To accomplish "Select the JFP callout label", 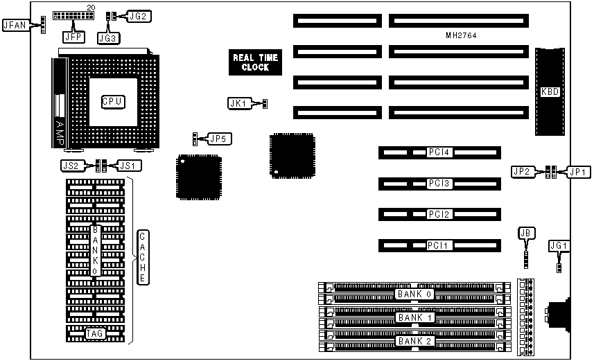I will (72, 35).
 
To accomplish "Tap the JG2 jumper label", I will (142, 15).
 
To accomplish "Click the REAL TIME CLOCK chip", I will (255, 62).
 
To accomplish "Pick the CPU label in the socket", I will (112, 101).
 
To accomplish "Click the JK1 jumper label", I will (238, 103).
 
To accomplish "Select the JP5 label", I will (220, 139).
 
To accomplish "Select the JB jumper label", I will (525, 234).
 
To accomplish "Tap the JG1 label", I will (558, 245).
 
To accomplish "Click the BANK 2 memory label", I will (414, 341).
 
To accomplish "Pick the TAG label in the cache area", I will (95, 334).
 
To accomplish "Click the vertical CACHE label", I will (141, 256).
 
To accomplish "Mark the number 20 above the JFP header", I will (90, 7).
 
